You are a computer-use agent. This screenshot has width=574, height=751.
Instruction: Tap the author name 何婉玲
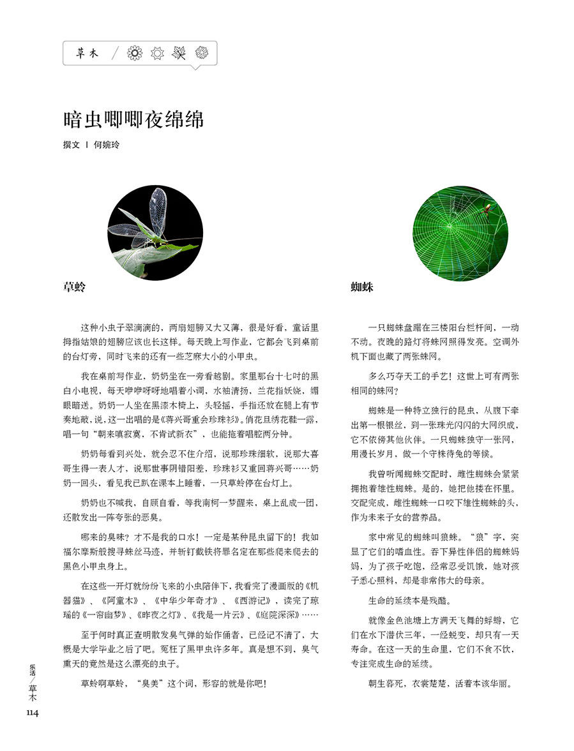click(x=106, y=145)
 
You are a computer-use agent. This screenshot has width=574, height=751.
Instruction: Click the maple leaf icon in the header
click(x=179, y=54)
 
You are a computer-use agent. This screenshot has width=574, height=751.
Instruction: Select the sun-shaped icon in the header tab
click(x=157, y=54)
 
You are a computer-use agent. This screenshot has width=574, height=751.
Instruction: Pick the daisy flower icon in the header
click(x=135, y=54)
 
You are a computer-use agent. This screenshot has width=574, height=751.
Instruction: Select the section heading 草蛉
click(x=75, y=287)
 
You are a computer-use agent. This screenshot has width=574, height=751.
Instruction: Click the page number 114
click(x=33, y=713)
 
